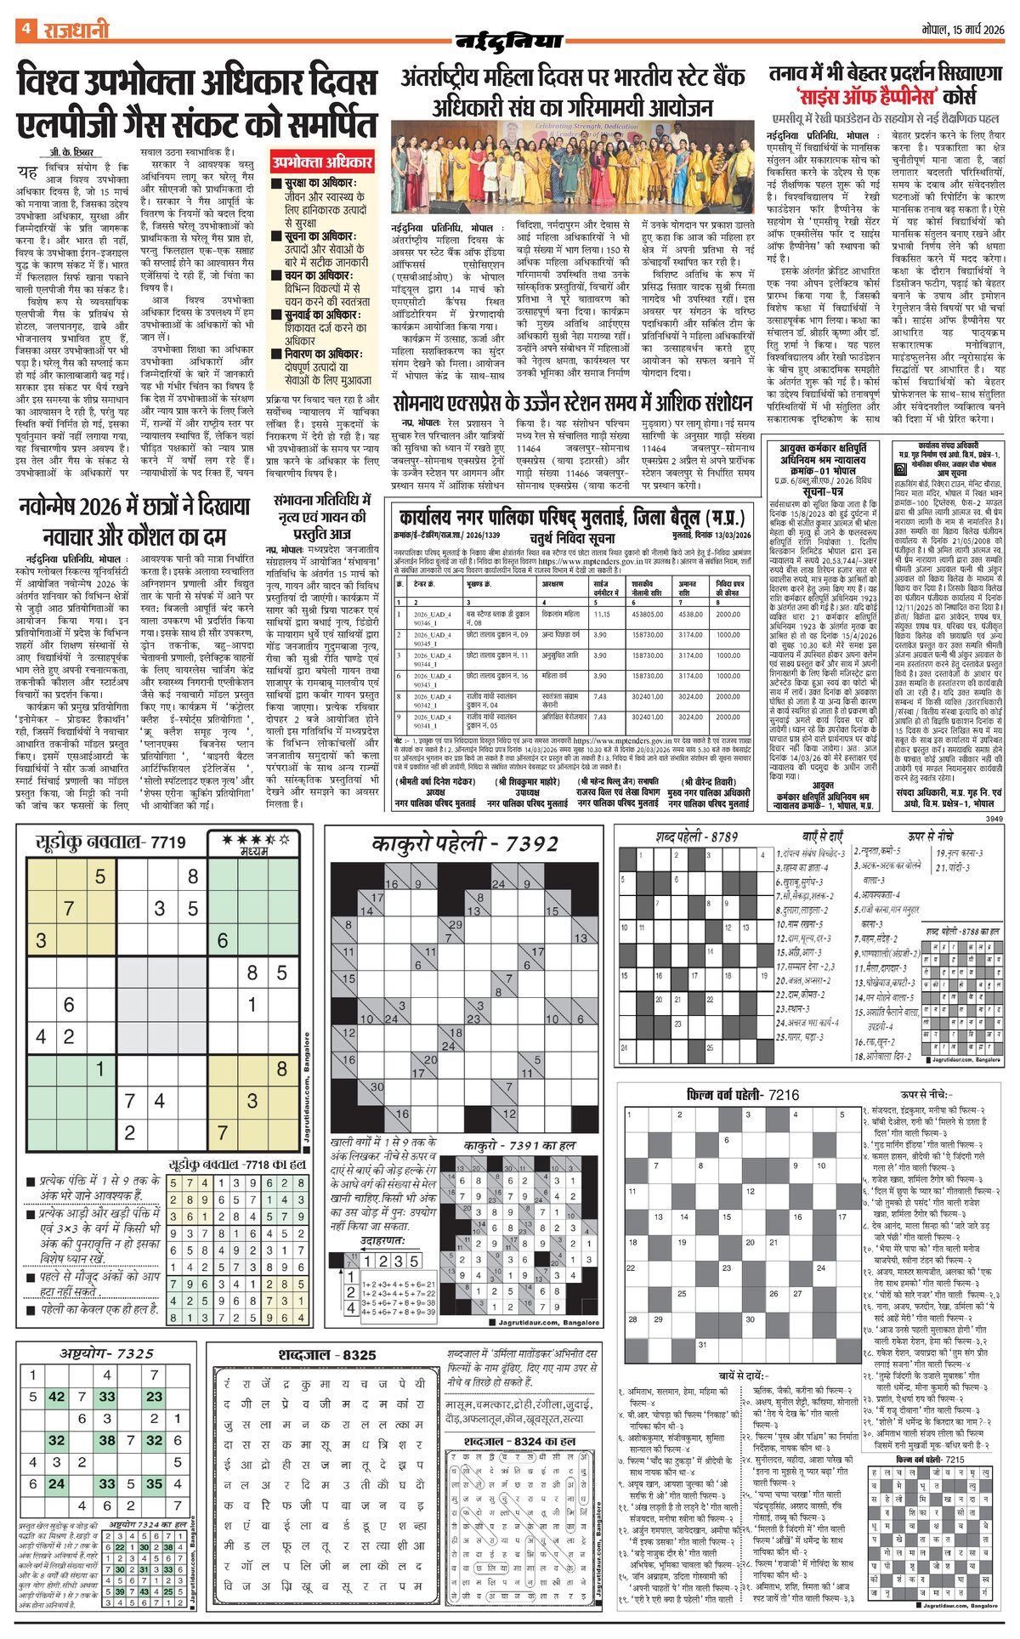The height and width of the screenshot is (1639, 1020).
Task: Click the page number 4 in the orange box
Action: click(x=26, y=29)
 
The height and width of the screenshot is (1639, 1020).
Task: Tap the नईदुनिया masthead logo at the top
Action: click(x=510, y=40)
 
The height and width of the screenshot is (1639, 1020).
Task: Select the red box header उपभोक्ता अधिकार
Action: click(x=323, y=162)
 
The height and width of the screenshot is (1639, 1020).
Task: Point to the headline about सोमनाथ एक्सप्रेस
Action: click(x=573, y=402)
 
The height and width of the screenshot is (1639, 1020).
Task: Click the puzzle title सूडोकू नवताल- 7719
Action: click(x=110, y=842)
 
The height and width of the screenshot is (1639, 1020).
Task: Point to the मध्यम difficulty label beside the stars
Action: click(x=253, y=851)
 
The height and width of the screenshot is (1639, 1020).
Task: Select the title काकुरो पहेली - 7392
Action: click(x=465, y=843)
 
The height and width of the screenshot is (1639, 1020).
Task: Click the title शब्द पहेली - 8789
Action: click(x=697, y=837)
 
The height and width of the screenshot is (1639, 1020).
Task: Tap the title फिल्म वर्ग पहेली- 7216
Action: click(x=742, y=1094)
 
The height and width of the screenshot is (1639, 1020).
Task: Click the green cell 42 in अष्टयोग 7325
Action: click(x=57, y=1397)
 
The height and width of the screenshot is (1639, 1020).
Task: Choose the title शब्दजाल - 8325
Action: click(x=326, y=1355)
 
